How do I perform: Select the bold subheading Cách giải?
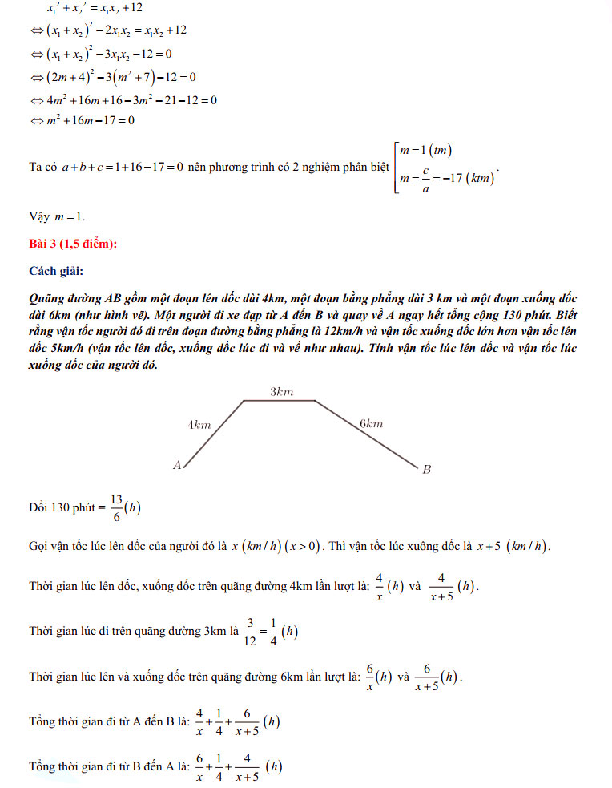(x=55, y=270)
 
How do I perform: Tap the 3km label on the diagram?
(x=281, y=392)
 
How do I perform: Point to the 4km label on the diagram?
(x=199, y=425)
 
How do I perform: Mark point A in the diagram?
(x=177, y=463)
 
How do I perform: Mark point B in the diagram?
(x=426, y=469)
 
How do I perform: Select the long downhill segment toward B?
(x=364, y=433)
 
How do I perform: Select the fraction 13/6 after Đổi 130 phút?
(x=117, y=507)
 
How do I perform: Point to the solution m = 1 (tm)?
(x=429, y=151)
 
